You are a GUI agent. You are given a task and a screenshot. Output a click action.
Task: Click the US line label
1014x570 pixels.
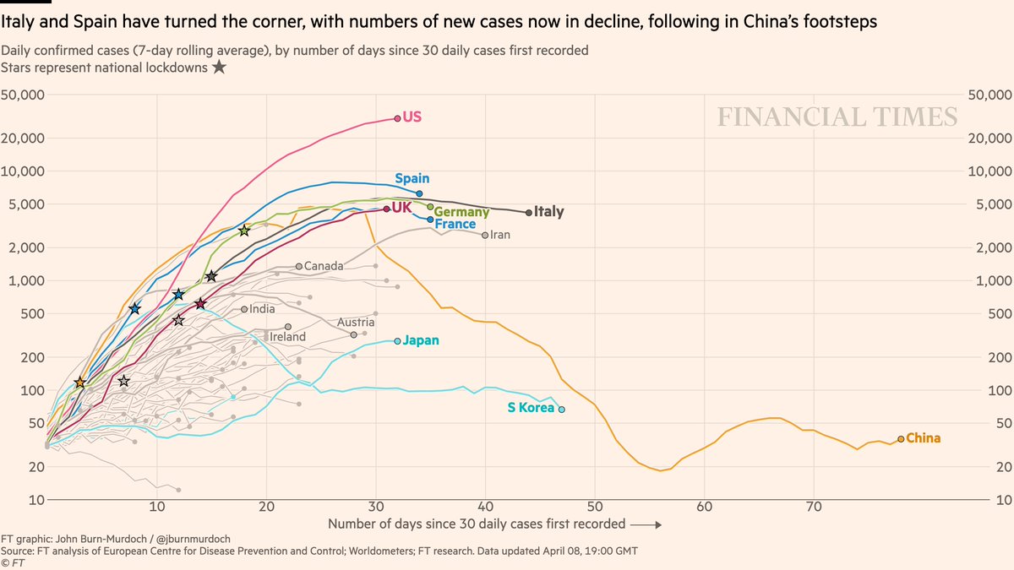(x=412, y=117)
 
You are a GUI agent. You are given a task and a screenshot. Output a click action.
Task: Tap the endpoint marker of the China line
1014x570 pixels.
(x=901, y=439)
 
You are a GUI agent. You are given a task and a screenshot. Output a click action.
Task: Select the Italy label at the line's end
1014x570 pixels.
(x=548, y=213)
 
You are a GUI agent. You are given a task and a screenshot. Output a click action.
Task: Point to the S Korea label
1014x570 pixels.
(x=531, y=408)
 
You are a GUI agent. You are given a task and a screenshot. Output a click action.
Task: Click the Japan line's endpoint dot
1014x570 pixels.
(x=397, y=341)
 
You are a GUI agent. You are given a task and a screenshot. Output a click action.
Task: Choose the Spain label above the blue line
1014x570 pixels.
(x=412, y=179)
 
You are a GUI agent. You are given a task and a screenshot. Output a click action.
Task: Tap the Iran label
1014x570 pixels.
(x=500, y=235)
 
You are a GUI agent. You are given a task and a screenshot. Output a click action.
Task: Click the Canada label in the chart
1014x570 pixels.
(x=324, y=266)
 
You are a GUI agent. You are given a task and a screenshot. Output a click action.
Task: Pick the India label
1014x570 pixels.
(x=262, y=309)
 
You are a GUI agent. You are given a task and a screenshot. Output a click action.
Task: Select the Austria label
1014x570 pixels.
(x=355, y=323)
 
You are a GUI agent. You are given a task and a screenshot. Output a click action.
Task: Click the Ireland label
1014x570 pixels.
(x=287, y=336)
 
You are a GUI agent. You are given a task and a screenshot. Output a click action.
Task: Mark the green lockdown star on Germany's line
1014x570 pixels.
(x=244, y=231)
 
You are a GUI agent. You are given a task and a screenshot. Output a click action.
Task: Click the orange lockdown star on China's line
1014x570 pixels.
(x=80, y=383)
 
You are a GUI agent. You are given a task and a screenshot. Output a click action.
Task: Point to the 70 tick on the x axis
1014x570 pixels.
(x=814, y=507)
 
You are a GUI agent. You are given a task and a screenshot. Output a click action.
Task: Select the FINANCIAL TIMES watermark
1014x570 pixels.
(x=837, y=117)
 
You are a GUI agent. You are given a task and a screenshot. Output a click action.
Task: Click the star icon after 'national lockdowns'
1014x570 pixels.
(x=219, y=68)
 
